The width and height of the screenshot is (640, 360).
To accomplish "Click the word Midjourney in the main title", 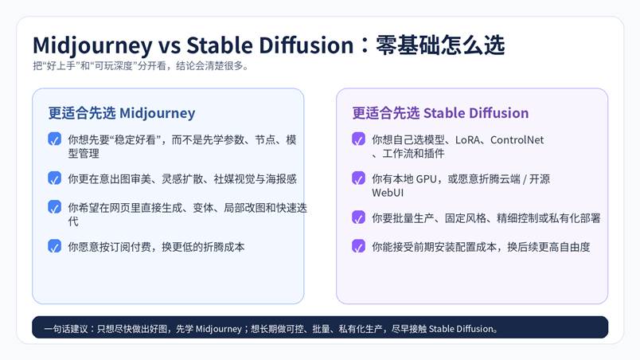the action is (92, 45).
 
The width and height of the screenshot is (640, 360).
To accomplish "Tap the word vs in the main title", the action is (170, 45).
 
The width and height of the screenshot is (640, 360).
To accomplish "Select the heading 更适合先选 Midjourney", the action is (122, 113).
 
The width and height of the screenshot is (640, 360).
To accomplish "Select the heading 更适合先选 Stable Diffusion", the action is (440, 112).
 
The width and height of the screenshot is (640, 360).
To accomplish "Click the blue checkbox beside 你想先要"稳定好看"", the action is (55, 139).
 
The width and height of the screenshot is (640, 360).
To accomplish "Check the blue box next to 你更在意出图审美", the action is (55, 178).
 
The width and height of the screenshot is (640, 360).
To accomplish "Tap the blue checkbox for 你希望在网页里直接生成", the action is (55, 207).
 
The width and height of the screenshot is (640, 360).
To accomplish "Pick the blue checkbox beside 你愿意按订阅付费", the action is (55, 246).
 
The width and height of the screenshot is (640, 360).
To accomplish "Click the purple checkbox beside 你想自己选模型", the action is (358, 139).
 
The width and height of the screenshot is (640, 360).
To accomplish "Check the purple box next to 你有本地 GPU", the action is (358, 178).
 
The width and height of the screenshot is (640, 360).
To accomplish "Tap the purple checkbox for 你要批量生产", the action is (358, 217).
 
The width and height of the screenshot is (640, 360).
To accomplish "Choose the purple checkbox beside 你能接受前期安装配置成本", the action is (358, 246).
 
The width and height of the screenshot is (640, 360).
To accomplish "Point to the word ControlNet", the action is (517, 140).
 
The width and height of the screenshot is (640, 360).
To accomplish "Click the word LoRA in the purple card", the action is (467, 140).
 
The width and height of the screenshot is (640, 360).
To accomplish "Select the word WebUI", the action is (388, 193).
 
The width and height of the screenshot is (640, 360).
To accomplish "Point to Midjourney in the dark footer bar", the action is (219, 329).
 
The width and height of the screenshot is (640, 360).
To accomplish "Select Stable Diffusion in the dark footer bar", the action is (461, 329).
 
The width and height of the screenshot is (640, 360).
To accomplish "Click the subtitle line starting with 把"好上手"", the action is (141, 66).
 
